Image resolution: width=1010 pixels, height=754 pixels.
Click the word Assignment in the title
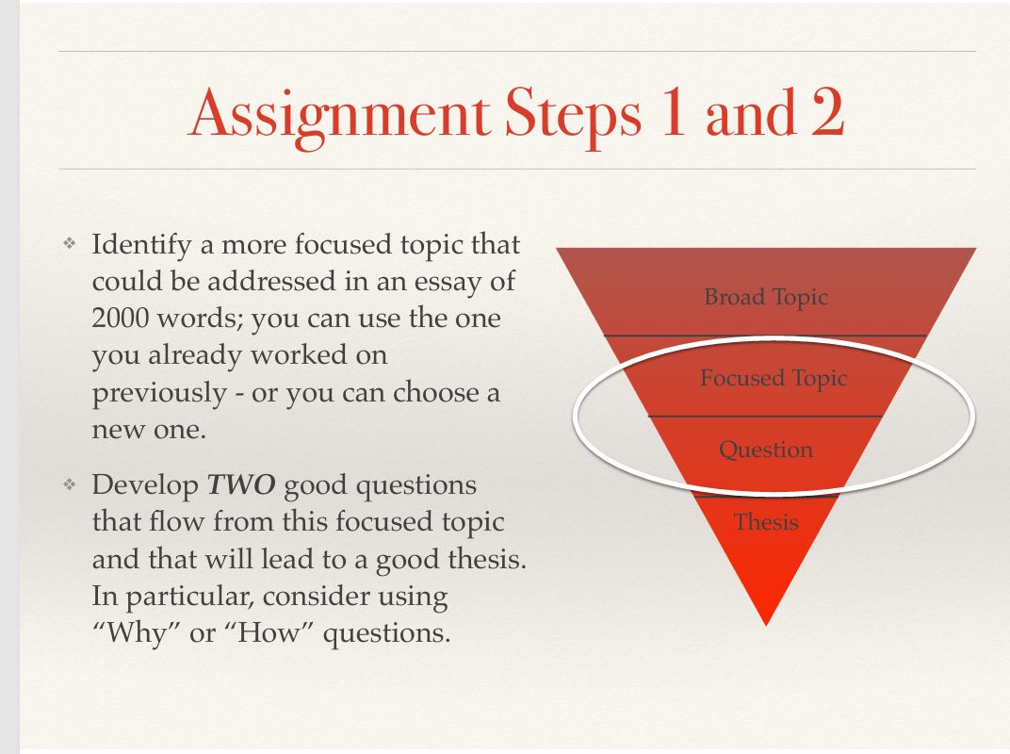[334, 115]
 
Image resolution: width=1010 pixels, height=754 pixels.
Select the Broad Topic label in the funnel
[765, 297]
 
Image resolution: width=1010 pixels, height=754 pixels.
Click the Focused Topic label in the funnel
[773, 378]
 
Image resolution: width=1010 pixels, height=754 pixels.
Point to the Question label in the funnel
[765, 450]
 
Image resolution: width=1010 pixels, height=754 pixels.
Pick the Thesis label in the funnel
[765, 521]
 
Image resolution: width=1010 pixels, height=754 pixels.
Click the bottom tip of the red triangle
[766, 623]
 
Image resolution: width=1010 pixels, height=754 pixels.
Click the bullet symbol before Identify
[68, 245]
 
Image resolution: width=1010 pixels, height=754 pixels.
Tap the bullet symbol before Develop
[68, 486]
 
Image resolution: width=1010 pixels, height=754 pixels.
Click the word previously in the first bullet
[157, 392]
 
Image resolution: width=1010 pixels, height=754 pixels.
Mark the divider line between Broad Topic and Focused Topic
[765, 336]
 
